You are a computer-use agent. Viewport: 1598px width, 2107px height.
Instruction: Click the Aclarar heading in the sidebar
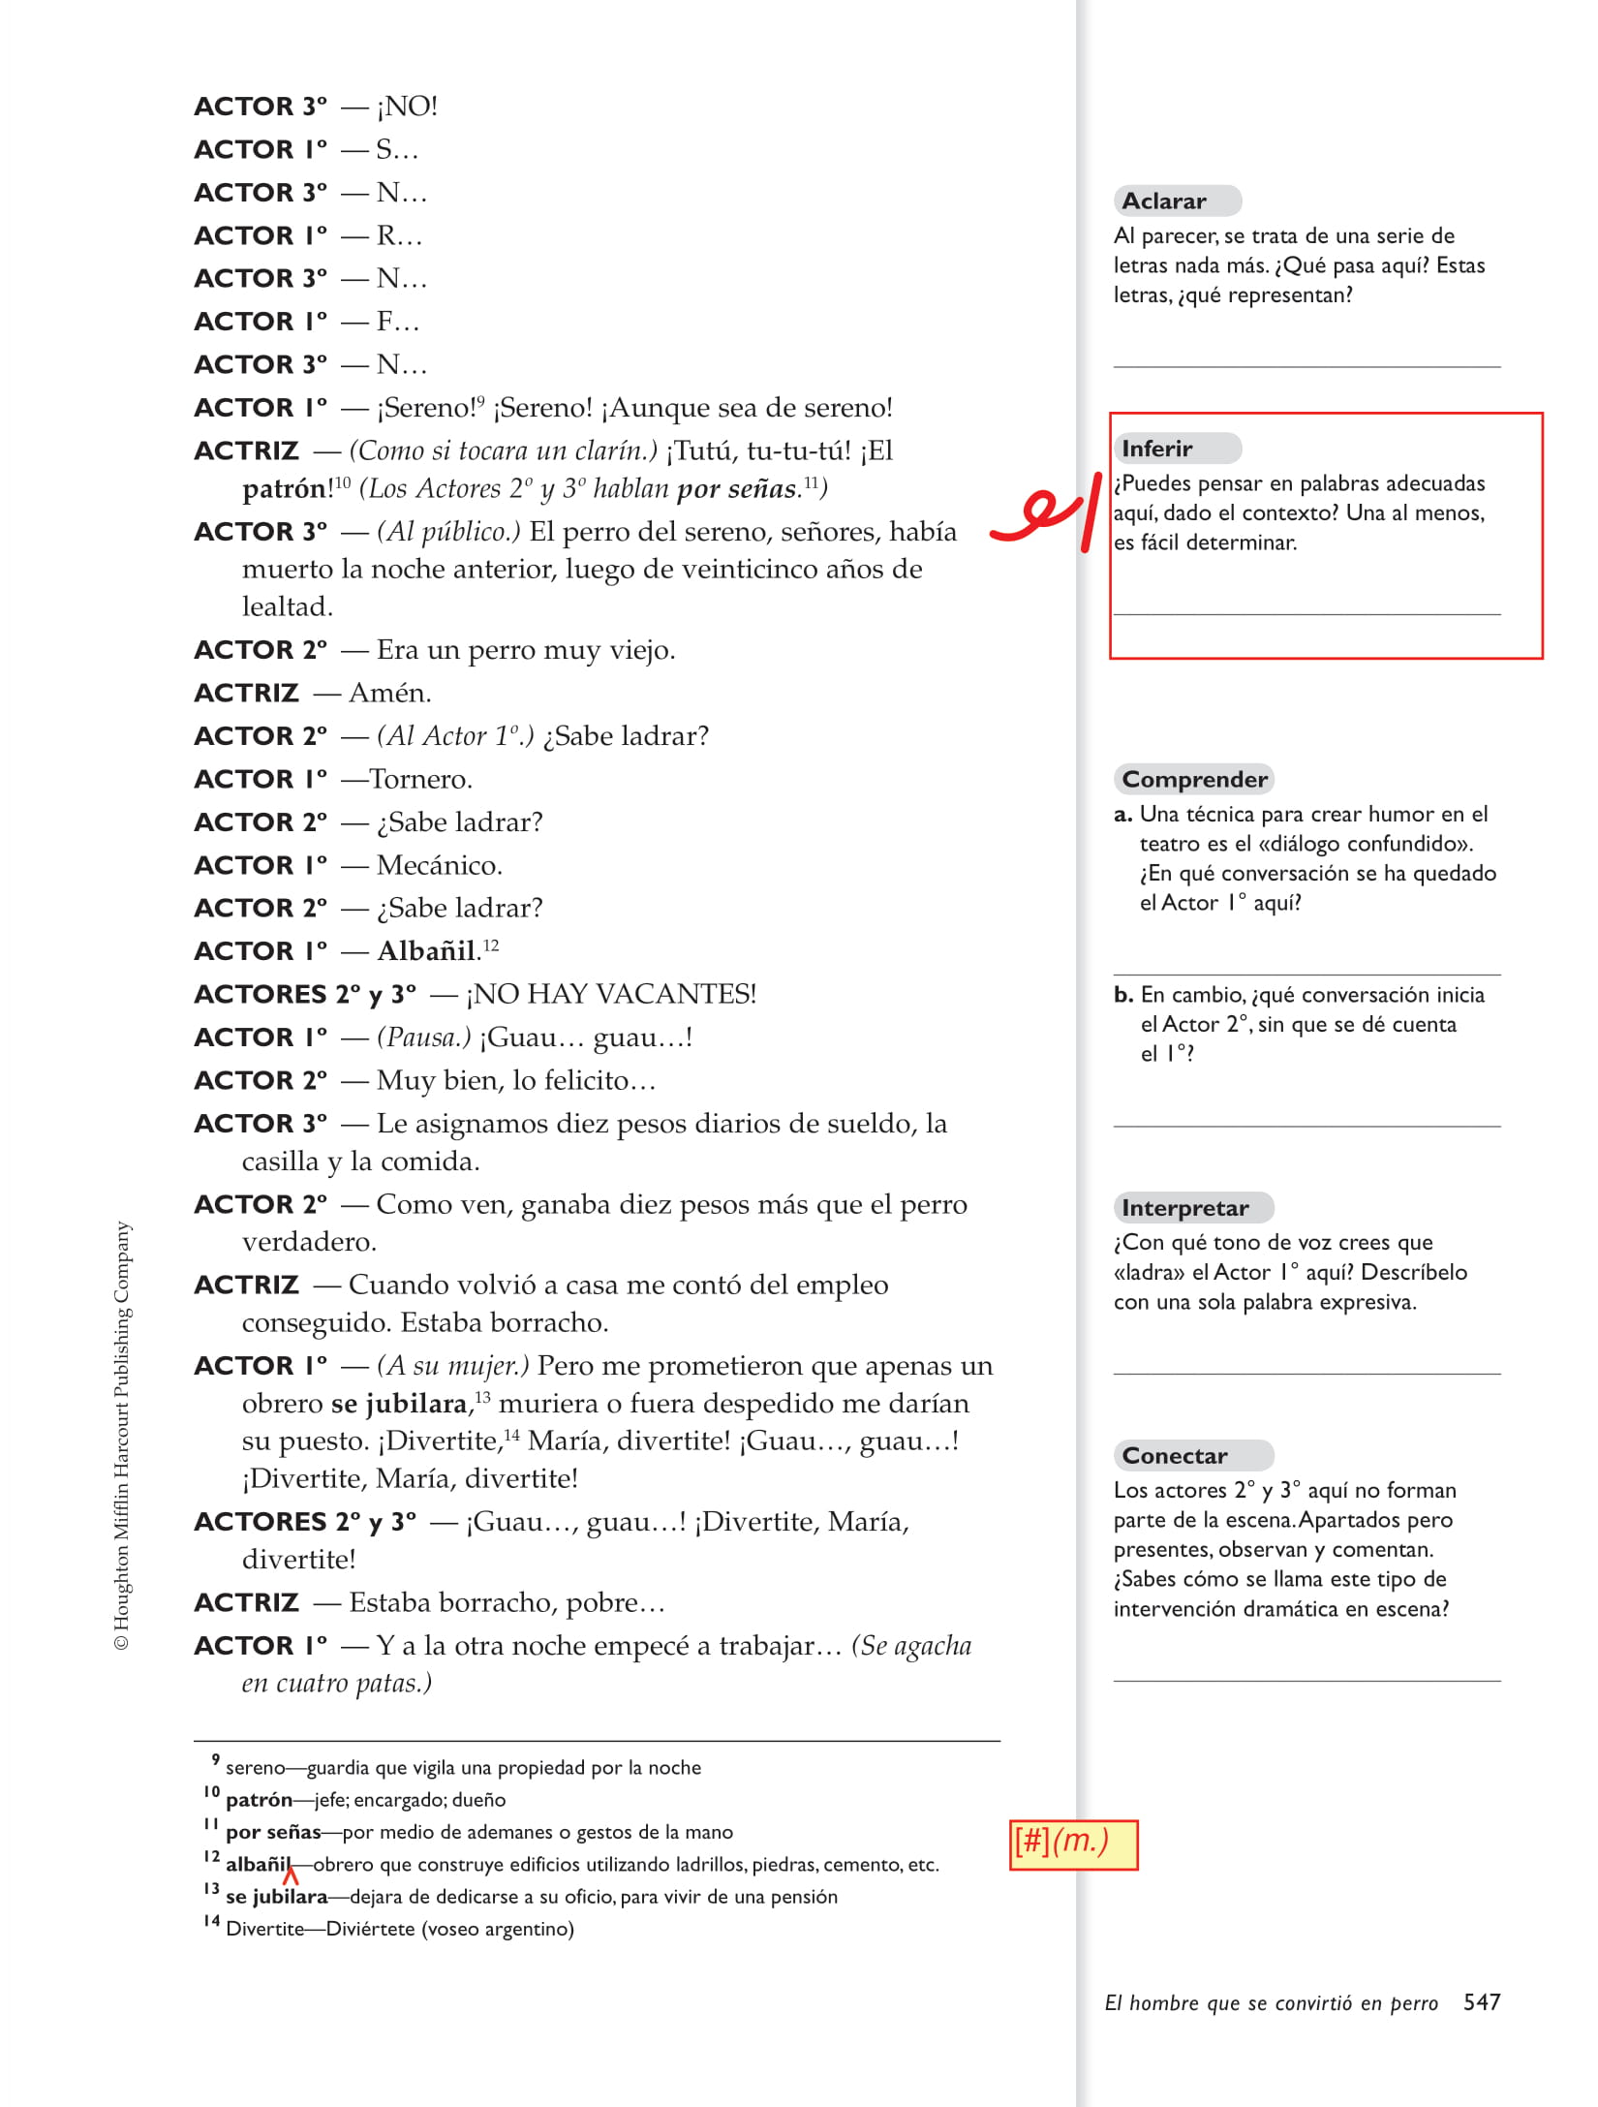tap(1164, 201)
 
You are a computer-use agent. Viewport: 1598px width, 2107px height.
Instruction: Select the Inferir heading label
tap(1157, 449)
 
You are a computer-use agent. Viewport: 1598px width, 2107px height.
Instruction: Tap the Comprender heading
tap(1194, 779)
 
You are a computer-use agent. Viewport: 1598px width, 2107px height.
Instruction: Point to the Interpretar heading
tap(1184, 1208)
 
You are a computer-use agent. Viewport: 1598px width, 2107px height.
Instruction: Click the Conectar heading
tap(1174, 1455)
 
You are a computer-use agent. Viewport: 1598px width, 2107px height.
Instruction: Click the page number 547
tap(1482, 2002)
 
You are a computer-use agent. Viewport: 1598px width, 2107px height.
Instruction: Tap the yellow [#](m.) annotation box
tap(1073, 1844)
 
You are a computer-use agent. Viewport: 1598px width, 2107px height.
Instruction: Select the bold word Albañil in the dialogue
tap(427, 951)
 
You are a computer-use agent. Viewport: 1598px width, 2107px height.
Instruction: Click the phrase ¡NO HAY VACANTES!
tap(611, 994)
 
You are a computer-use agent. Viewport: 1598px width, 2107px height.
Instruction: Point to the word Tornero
tap(420, 779)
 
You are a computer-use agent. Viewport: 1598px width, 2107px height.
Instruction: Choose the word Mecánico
tap(440, 865)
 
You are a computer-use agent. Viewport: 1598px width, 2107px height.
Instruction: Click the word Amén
tap(389, 693)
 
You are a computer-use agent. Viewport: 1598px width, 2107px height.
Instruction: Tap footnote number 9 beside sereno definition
tap(215, 1760)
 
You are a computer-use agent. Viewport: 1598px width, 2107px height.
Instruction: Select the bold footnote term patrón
tap(259, 1800)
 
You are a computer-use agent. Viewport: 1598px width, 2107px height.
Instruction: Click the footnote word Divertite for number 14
tap(264, 1929)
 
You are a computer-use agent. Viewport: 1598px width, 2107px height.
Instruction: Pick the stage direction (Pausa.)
tap(423, 1038)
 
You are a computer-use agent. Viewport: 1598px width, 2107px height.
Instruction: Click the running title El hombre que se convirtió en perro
tap(1271, 2003)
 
